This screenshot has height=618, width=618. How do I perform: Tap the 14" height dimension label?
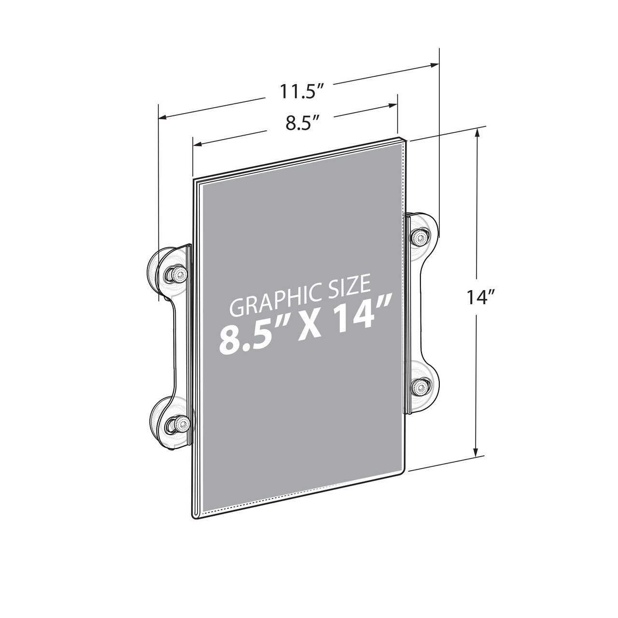click(x=478, y=298)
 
